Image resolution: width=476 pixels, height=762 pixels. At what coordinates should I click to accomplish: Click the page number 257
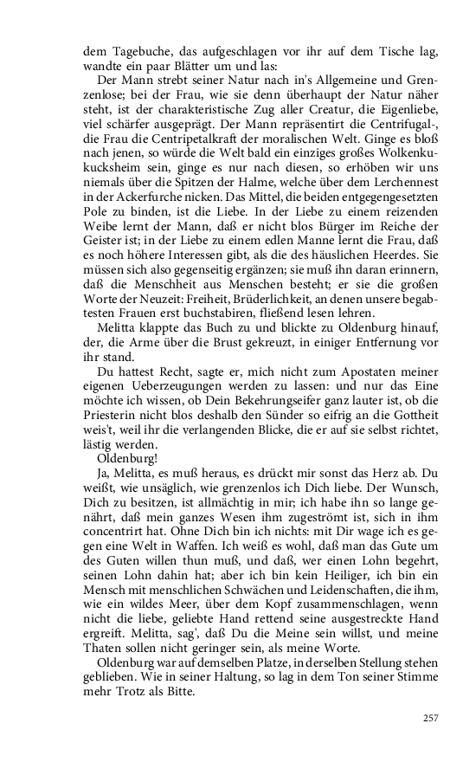coord(431,717)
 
